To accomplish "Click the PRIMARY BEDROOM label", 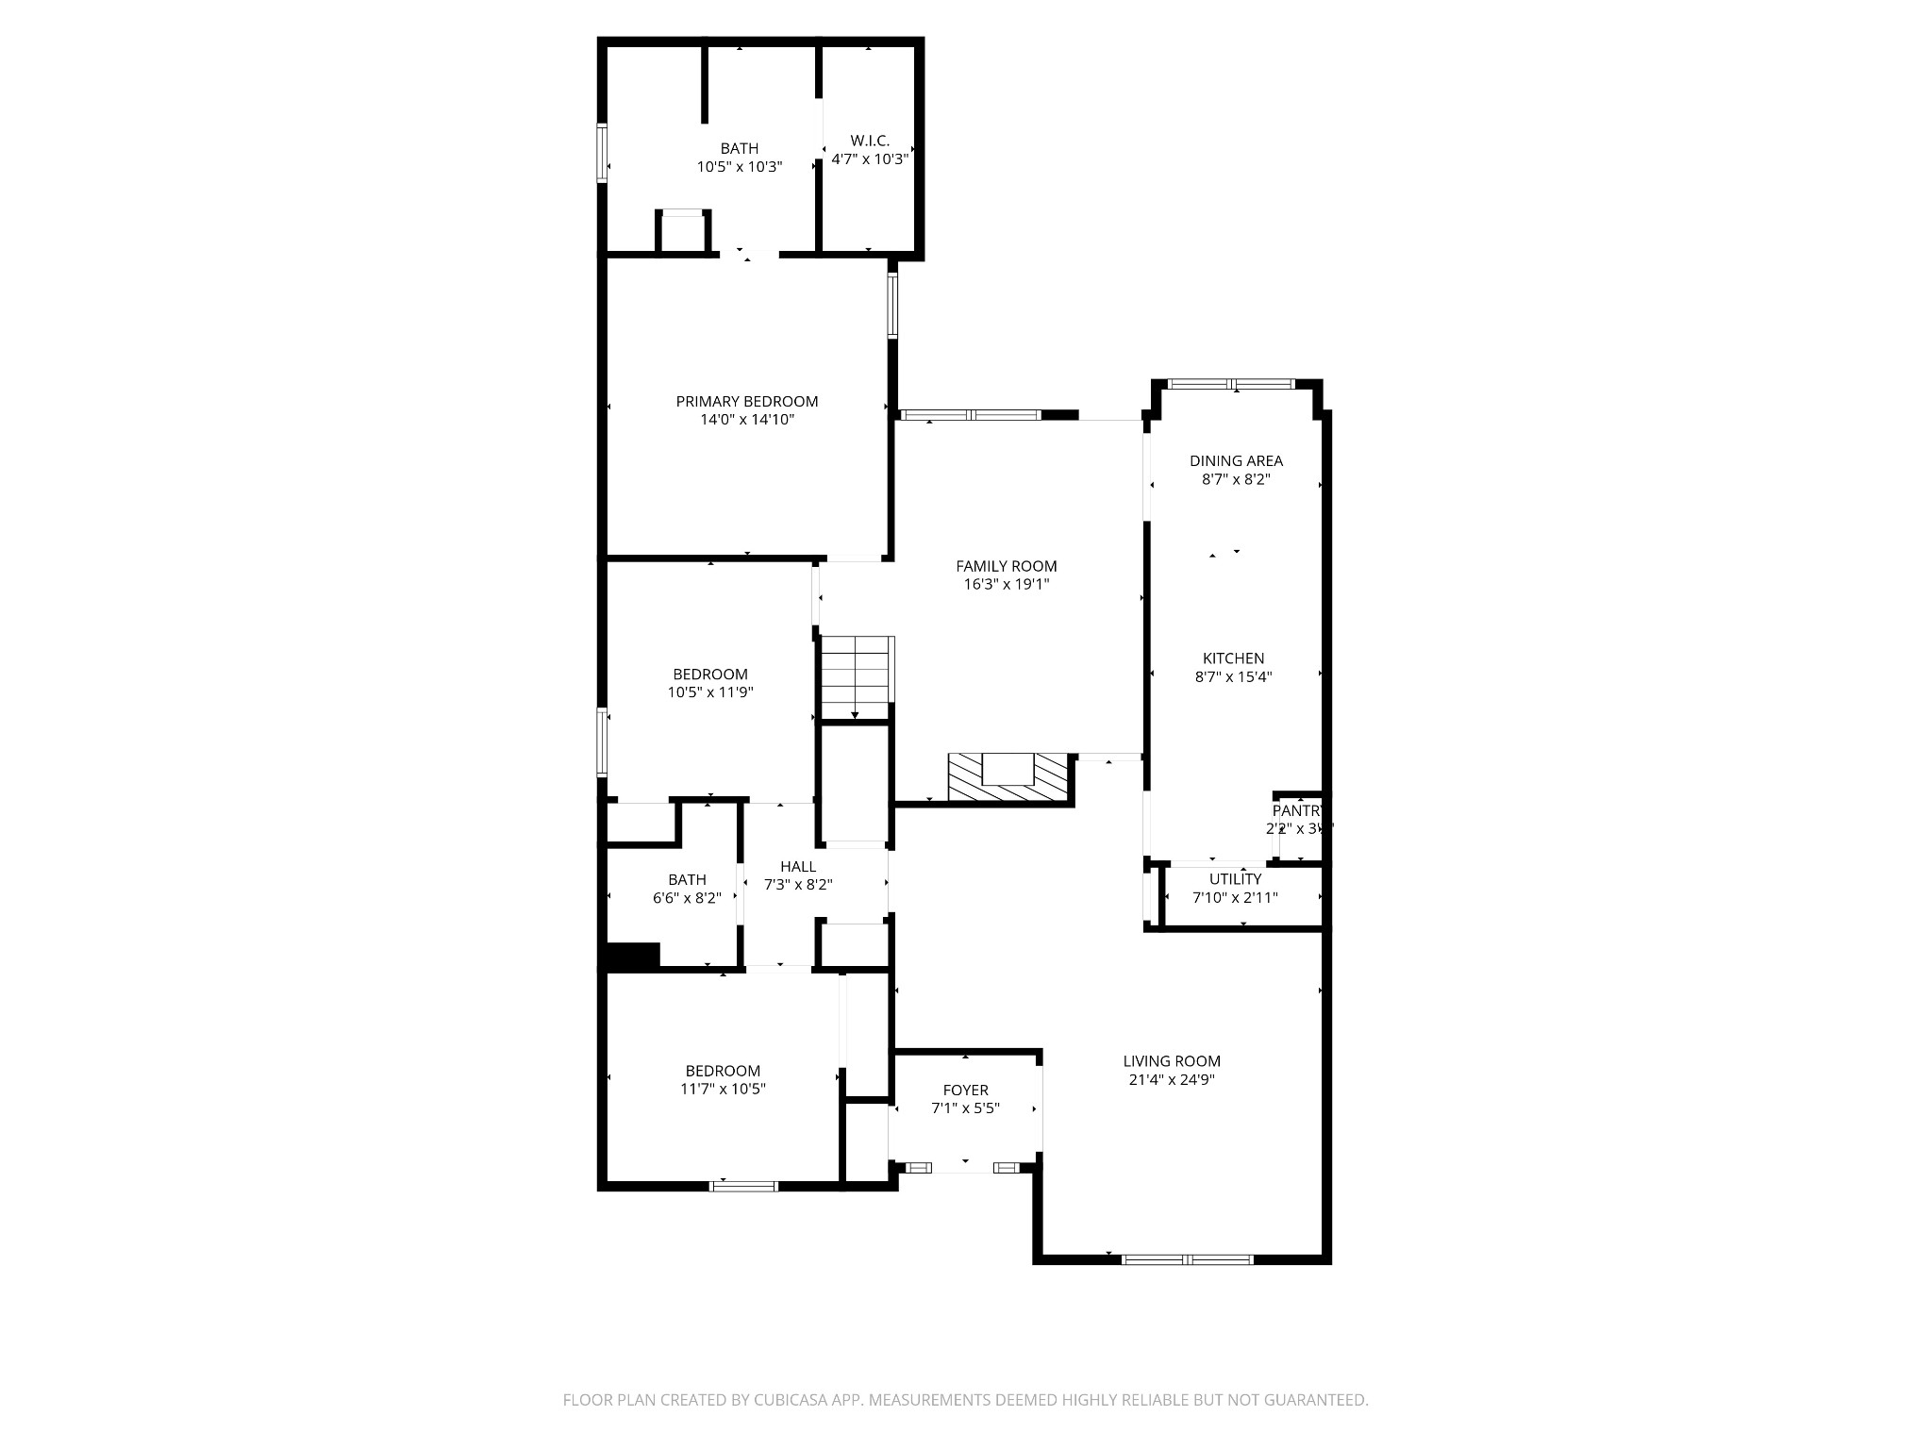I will click(746, 401).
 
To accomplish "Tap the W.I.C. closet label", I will click(869, 141).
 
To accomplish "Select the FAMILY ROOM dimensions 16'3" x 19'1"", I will click(1006, 584).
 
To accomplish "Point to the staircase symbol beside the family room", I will click(856, 677).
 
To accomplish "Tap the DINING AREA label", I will click(1236, 461).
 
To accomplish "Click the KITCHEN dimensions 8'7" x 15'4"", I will click(1233, 676).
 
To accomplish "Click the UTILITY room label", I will click(1235, 879).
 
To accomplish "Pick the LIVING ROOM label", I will click(1172, 1060).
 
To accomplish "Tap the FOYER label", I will click(965, 1091).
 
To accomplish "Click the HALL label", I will click(797, 867).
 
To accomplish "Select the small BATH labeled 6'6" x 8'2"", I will click(687, 880).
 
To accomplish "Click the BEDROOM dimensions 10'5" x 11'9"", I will click(710, 692).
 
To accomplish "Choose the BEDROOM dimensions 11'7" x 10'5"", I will click(723, 1089).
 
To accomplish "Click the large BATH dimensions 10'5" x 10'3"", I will click(739, 167).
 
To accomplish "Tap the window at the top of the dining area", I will click(1230, 384).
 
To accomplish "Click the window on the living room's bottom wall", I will click(1187, 1259).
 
